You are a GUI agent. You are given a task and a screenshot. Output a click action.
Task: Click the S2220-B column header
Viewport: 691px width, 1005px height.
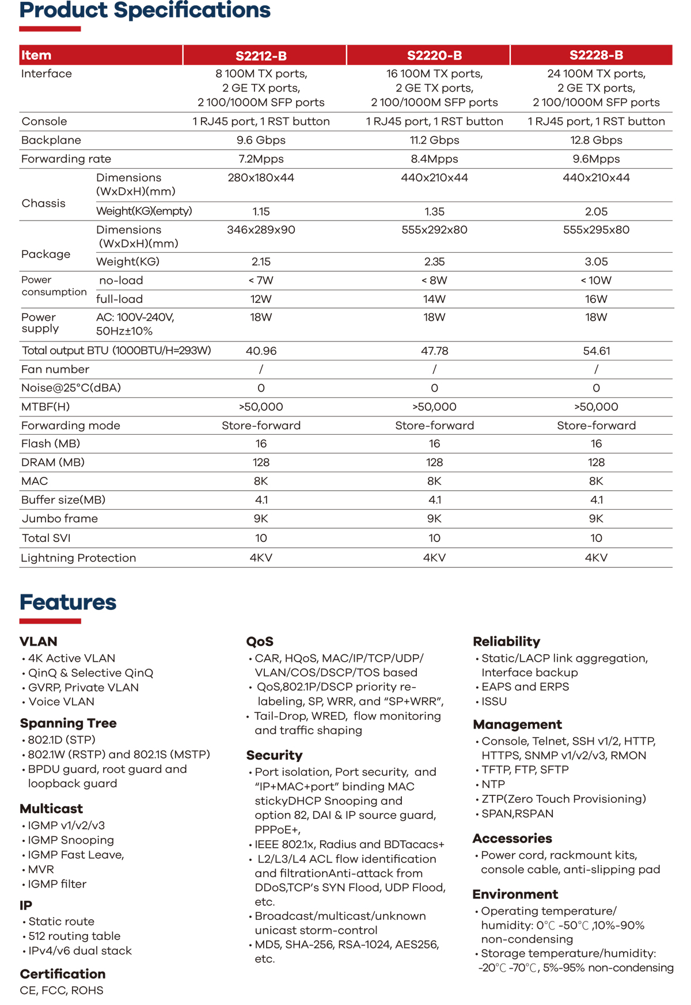click(x=434, y=55)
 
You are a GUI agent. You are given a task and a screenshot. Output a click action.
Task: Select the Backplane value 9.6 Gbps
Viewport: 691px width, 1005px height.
click(x=261, y=140)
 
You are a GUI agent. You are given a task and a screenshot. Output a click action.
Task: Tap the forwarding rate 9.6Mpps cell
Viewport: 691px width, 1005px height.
click(x=596, y=159)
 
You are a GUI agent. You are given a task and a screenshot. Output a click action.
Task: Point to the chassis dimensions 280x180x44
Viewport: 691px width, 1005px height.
click(x=261, y=178)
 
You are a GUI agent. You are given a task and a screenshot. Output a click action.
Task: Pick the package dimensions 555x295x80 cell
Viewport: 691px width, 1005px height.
click(x=596, y=230)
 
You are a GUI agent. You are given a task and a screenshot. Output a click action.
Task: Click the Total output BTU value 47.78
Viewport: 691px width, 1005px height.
click(x=434, y=351)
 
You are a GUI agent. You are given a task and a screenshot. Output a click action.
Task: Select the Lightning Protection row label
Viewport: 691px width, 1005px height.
click(x=78, y=558)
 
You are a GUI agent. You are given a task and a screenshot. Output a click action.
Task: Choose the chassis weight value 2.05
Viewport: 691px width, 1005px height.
click(x=596, y=211)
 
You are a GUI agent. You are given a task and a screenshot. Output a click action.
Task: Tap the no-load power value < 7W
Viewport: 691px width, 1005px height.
click(x=261, y=280)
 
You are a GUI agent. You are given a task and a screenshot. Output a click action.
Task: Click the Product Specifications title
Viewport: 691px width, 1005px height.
click(x=145, y=10)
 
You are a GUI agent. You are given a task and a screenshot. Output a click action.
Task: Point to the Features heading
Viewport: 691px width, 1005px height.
click(x=68, y=602)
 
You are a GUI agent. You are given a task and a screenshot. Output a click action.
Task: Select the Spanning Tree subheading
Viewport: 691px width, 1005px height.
click(x=68, y=723)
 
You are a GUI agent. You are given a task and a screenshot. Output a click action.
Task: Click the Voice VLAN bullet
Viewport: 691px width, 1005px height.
click(x=61, y=701)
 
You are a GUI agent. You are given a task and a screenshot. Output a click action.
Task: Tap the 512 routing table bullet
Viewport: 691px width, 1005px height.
click(x=74, y=936)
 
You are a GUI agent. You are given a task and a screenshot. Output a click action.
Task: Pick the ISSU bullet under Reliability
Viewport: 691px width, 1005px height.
click(x=494, y=701)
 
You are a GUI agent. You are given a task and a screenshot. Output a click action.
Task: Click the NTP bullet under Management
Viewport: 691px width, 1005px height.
click(x=493, y=784)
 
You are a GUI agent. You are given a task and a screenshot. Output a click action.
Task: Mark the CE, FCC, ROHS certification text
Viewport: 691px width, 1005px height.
click(x=62, y=991)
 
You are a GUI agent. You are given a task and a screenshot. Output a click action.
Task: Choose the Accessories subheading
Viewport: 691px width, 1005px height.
click(x=512, y=839)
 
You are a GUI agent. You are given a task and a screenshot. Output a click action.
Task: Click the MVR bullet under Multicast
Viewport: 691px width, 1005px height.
click(x=41, y=869)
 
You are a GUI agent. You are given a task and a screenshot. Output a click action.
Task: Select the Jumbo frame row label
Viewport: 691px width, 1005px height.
click(x=59, y=519)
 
